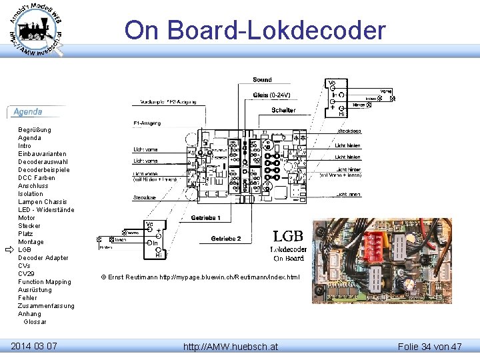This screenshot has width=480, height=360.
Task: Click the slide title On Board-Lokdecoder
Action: (255, 30)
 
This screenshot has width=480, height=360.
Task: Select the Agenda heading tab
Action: (28, 112)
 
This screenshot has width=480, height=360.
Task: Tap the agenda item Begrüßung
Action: (35, 130)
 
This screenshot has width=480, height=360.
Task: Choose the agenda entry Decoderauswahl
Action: (42, 162)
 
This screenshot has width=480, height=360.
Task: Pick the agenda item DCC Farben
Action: (37, 178)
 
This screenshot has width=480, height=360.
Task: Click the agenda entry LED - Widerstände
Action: (46, 210)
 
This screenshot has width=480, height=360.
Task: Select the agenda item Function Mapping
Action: (44, 282)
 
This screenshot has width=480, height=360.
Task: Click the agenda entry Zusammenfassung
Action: (46, 306)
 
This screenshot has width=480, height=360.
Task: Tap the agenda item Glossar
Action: (35, 322)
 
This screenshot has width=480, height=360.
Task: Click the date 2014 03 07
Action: (34, 346)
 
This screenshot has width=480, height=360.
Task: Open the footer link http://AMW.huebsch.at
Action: (231, 347)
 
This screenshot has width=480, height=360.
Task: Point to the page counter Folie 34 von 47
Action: (429, 347)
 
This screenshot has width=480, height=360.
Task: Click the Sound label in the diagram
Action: (262, 80)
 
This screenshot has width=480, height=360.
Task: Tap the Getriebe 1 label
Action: (205, 218)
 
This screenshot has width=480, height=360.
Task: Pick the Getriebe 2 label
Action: (226, 239)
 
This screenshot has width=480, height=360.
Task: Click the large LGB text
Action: (288, 236)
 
